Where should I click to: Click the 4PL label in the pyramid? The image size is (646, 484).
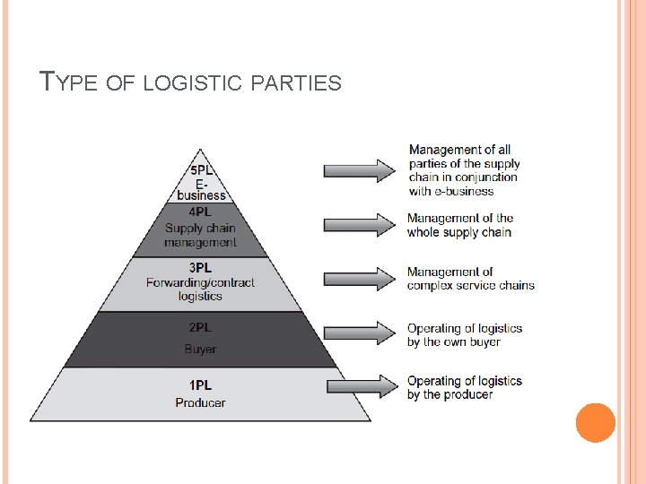[200, 212]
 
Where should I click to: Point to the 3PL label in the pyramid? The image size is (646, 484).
[200, 267]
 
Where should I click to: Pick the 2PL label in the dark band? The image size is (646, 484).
[200, 329]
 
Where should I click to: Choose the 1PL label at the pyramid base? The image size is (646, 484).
[200, 385]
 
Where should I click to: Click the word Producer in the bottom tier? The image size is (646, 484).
[200, 402]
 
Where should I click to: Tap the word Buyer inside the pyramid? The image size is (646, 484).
[200, 349]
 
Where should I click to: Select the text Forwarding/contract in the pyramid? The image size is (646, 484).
[200, 282]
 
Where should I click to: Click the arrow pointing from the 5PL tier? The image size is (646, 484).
[360, 169]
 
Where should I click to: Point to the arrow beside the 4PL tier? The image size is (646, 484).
[360, 224]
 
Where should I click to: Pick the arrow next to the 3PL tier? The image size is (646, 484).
[360, 278]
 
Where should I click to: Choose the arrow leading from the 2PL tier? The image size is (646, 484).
[360, 333]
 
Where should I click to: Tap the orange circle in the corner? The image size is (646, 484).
[595, 422]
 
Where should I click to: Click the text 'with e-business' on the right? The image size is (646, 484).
[450, 191]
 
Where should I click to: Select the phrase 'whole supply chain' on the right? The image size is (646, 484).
[458, 232]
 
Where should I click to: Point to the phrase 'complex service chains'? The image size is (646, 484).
[470, 286]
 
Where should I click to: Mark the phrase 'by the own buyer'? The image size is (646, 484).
[453, 341]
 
